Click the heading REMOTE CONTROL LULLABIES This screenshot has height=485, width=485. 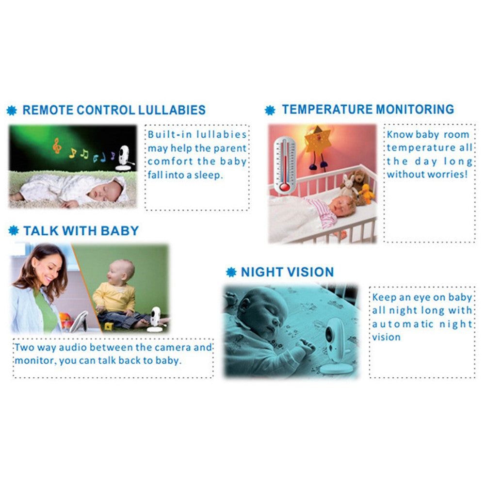(x=114, y=110)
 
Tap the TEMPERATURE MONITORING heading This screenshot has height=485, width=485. (x=368, y=109)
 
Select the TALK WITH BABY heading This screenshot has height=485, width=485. (x=81, y=231)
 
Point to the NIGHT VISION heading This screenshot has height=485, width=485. (x=287, y=272)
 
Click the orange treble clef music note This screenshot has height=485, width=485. (x=57, y=145)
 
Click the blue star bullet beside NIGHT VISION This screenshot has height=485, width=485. (x=231, y=273)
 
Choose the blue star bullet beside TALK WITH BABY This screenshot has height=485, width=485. (x=14, y=231)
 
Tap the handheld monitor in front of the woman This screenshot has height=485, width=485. (x=79, y=322)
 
